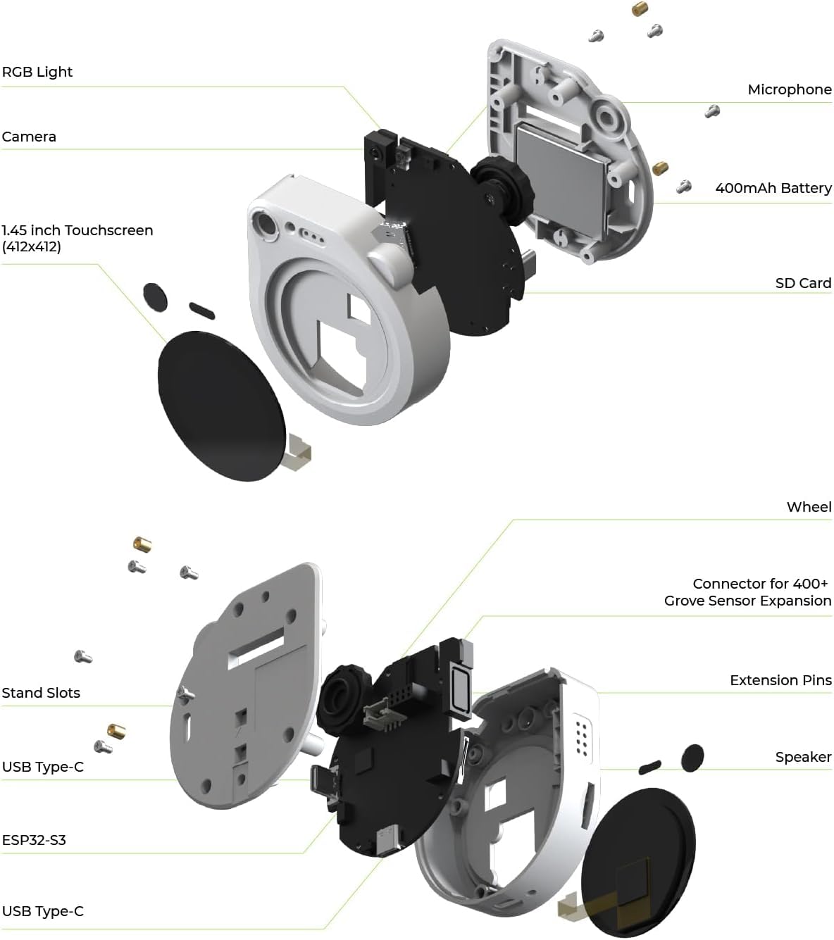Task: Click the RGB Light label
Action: (x=37, y=72)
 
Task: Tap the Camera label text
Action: (x=29, y=137)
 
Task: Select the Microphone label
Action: (x=789, y=89)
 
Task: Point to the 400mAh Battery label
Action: (x=773, y=188)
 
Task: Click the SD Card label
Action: (x=803, y=283)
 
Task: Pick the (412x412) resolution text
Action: (x=31, y=246)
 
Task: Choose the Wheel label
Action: (x=809, y=507)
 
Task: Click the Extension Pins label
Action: (x=780, y=680)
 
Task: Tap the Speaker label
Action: (x=803, y=757)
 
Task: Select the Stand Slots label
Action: (x=41, y=693)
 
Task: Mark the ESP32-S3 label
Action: (x=34, y=840)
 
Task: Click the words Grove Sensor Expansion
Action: (x=747, y=601)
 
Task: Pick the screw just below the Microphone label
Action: (x=713, y=111)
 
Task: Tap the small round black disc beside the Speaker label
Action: (x=692, y=756)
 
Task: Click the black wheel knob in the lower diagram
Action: (x=343, y=696)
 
